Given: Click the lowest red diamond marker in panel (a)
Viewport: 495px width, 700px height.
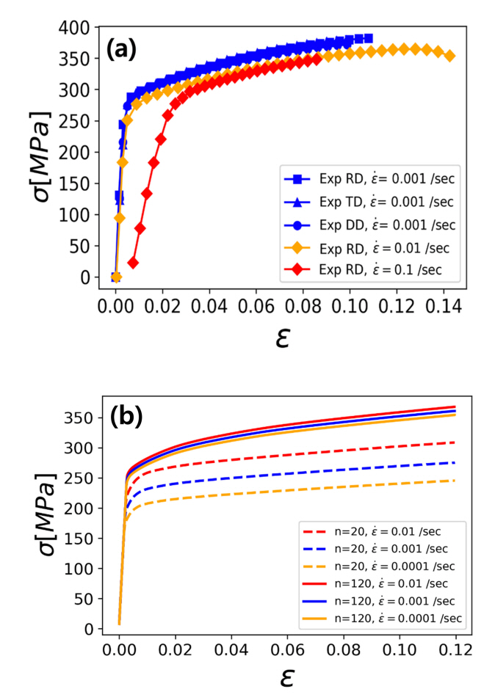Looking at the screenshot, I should click(x=133, y=262).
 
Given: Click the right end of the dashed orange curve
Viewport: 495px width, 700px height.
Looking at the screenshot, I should click(x=455, y=481).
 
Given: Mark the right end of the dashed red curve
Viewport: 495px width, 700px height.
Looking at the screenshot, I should click(x=455, y=442).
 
